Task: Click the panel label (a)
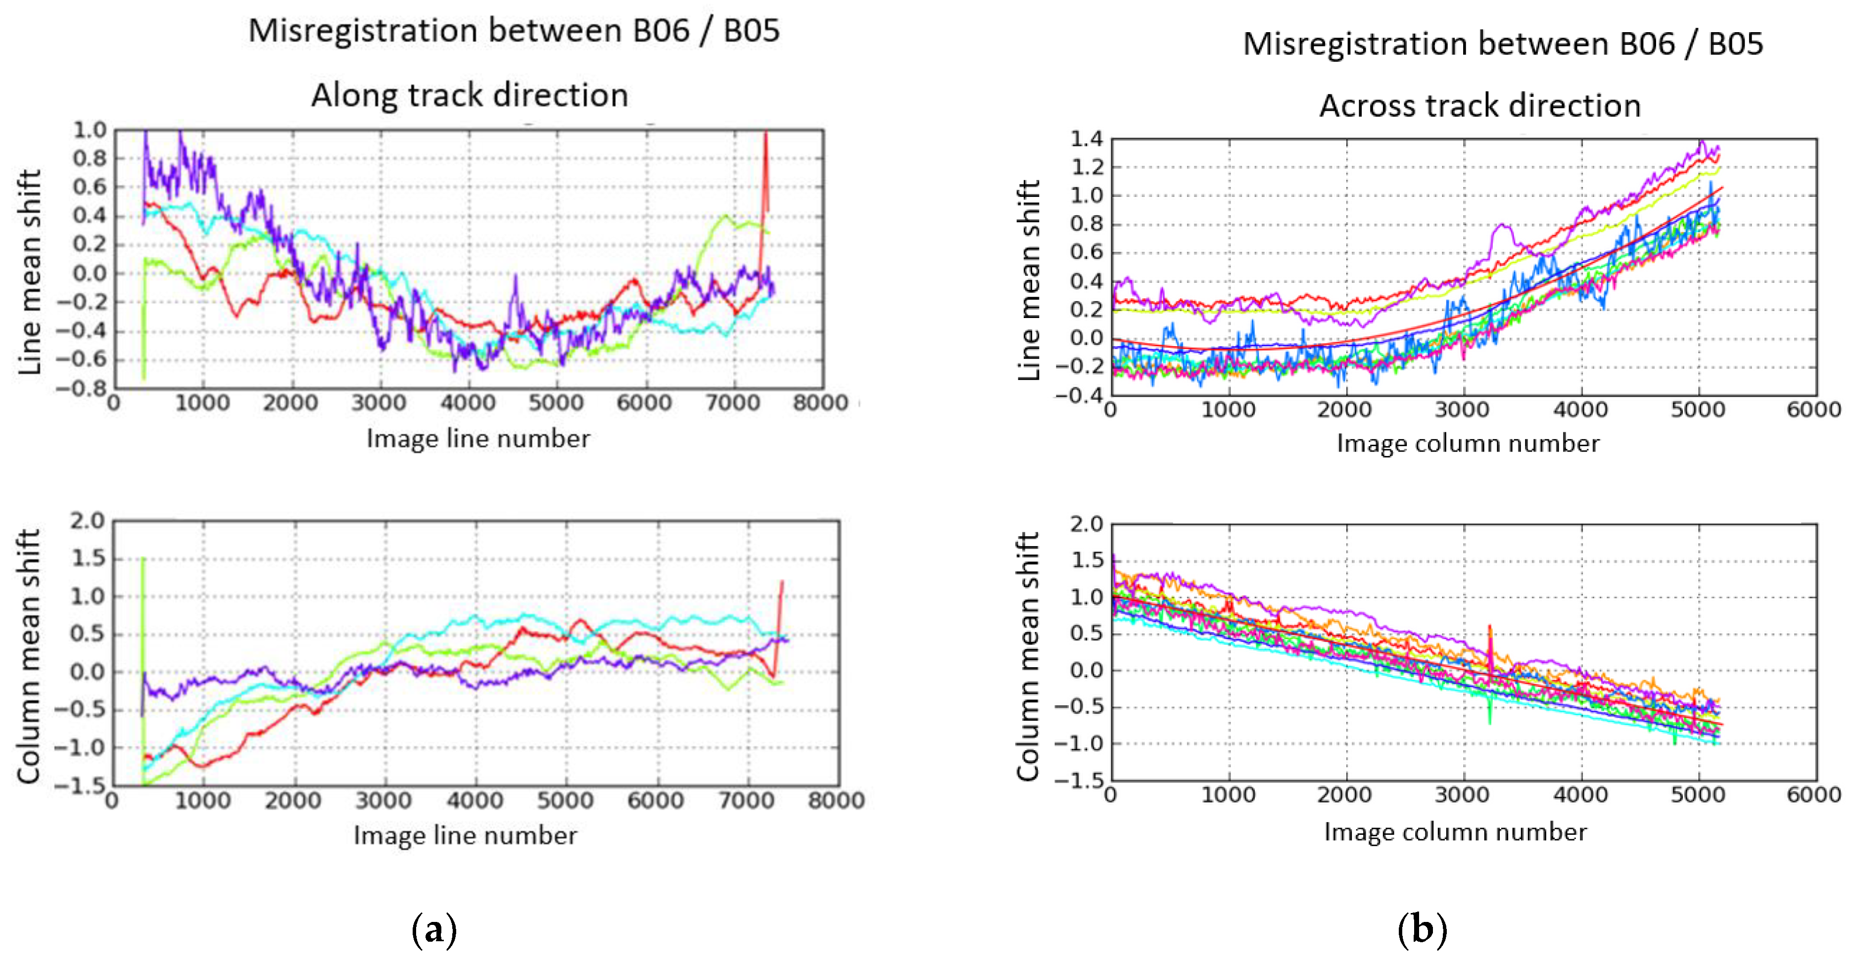coord(434,930)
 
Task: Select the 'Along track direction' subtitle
coord(470,95)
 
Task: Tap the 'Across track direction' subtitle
coord(1480,106)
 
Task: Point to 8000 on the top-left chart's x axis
coord(820,403)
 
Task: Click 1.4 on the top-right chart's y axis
coord(1086,138)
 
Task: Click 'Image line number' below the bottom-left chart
coord(465,835)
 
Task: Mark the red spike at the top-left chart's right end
coord(765,166)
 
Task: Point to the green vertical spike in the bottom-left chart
coord(143,648)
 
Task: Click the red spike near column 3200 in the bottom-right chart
coord(1490,644)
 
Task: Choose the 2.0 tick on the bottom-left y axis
coord(87,521)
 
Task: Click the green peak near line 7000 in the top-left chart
coord(726,216)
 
